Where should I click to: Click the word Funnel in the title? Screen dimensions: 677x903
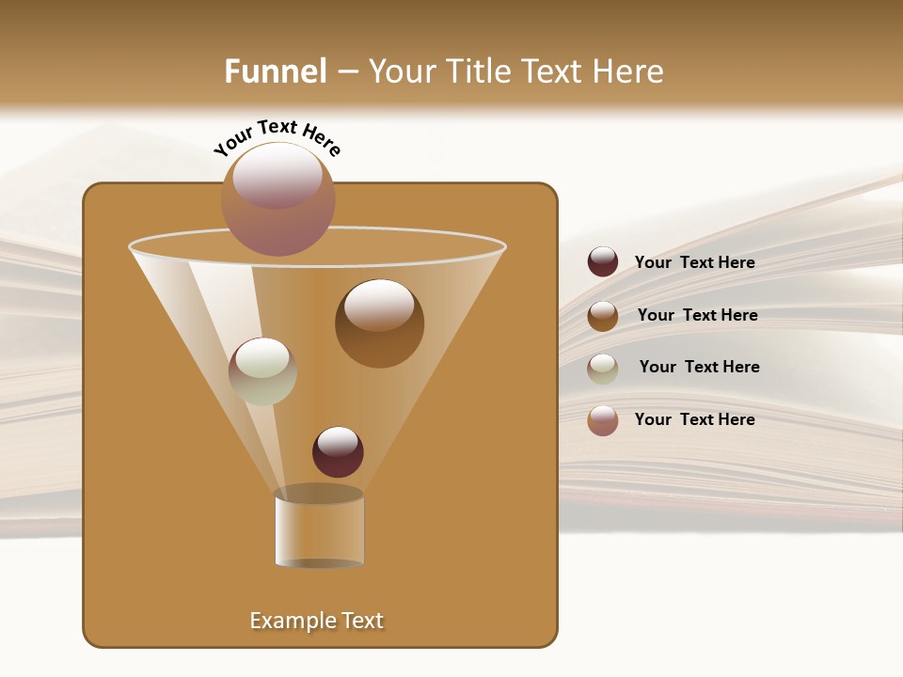pyautogui.click(x=275, y=71)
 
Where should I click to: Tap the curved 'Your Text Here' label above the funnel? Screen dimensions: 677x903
pyautogui.click(x=277, y=137)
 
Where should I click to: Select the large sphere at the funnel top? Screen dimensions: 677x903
pyautogui.click(x=278, y=199)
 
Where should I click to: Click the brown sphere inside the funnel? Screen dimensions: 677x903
pyautogui.click(x=379, y=323)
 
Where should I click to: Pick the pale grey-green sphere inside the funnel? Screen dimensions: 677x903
pyautogui.click(x=262, y=371)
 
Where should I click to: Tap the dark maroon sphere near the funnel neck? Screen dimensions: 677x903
pyautogui.click(x=338, y=452)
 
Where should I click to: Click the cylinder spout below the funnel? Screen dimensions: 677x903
pyautogui.click(x=319, y=531)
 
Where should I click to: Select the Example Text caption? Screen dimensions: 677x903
pyautogui.click(x=316, y=621)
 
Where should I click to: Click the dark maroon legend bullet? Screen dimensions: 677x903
pyautogui.click(x=603, y=262)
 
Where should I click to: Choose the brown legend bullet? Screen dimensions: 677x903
pyautogui.click(x=603, y=316)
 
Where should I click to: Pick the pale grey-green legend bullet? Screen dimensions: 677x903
pyautogui.click(x=603, y=369)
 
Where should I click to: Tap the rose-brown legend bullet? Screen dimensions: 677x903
pyautogui.click(x=603, y=420)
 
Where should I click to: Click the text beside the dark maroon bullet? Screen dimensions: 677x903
pyautogui.click(x=694, y=263)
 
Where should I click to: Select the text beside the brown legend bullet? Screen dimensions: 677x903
pyautogui.click(x=697, y=316)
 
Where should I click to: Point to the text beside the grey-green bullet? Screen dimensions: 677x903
pyautogui.click(x=699, y=368)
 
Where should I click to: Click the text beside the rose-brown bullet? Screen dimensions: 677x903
pyautogui.click(x=694, y=419)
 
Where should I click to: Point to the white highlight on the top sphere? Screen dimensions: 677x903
pyautogui.click(x=277, y=175)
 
